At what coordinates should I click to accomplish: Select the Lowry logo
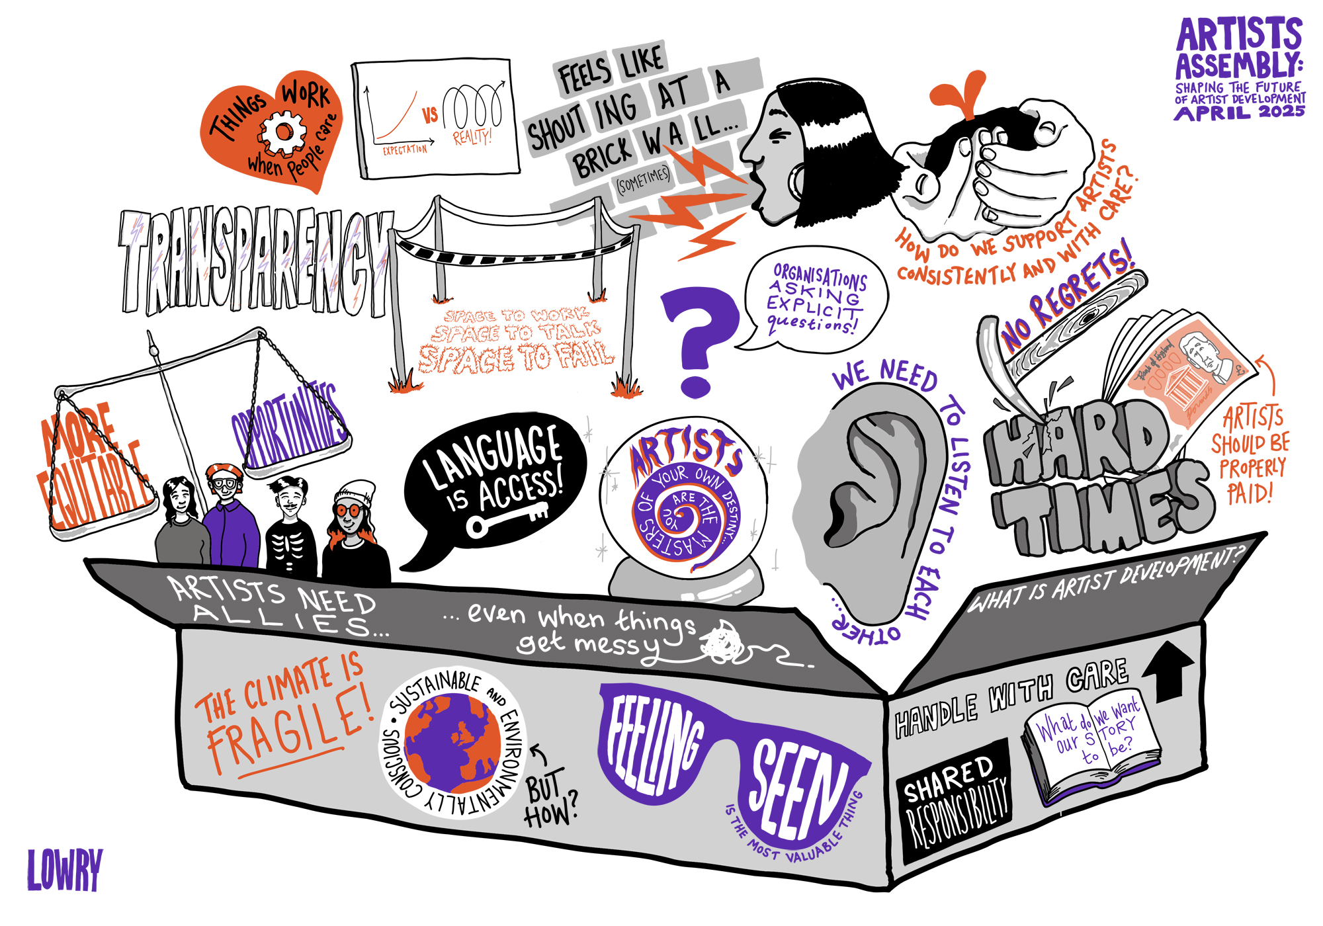pyautogui.click(x=65, y=869)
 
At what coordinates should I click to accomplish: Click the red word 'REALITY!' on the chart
pyautogui.click(x=472, y=137)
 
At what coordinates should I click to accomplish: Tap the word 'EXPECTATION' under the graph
pyautogui.click(x=405, y=150)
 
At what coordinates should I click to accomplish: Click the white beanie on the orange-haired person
pyautogui.click(x=356, y=492)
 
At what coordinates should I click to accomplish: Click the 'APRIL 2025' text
pyautogui.click(x=1239, y=112)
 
